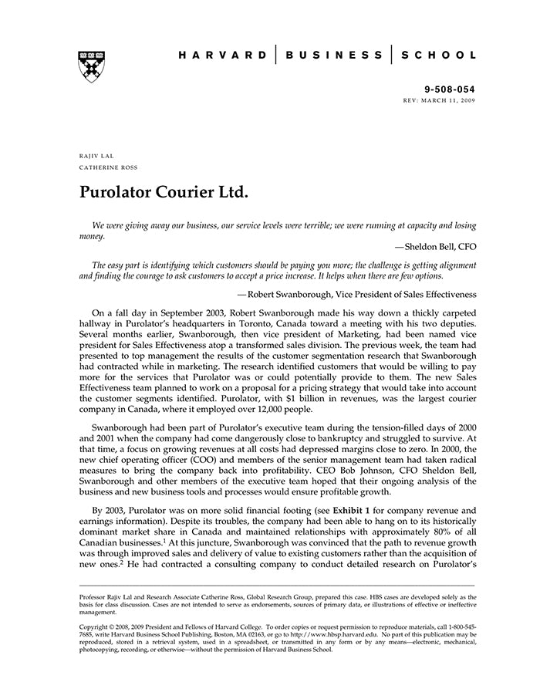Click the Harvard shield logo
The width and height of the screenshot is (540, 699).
pyautogui.click(x=92, y=66)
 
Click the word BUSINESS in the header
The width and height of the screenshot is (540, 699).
pyautogui.click(x=333, y=56)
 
